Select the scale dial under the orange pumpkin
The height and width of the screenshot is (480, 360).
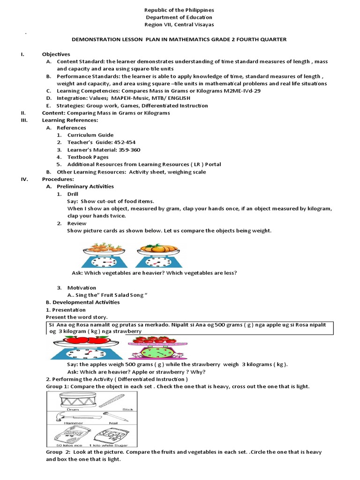pos(158,261)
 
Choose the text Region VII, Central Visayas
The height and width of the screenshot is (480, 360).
pos(180,25)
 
